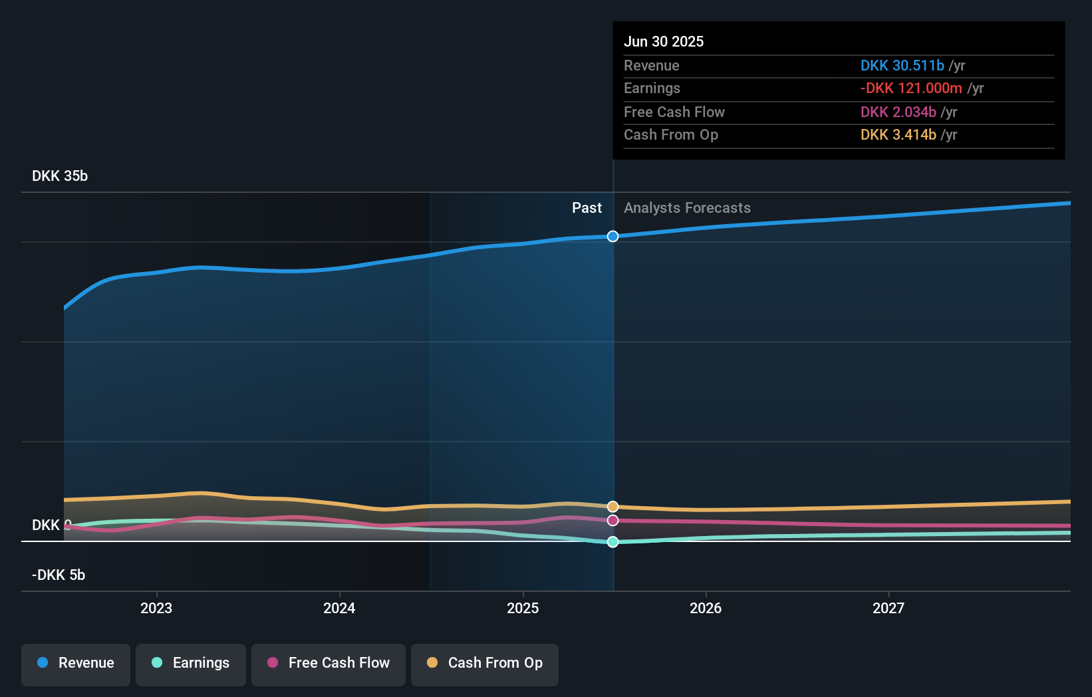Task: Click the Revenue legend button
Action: click(x=76, y=663)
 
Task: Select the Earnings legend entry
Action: click(x=191, y=663)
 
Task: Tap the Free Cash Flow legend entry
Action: click(x=329, y=663)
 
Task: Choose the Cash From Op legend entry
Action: click(x=485, y=663)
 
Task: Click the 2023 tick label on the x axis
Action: click(x=156, y=608)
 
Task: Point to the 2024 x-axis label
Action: click(x=339, y=608)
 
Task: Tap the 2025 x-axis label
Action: click(x=523, y=608)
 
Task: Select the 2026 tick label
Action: click(x=706, y=608)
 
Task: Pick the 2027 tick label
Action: click(x=888, y=608)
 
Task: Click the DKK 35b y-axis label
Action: click(x=60, y=176)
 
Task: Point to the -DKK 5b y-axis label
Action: click(x=59, y=575)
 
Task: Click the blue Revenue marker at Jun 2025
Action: click(x=613, y=236)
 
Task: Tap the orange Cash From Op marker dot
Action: click(x=613, y=507)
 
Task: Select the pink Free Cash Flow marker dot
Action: click(x=613, y=520)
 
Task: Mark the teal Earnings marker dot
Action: click(x=613, y=542)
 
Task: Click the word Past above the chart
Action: click(x=587, y=208)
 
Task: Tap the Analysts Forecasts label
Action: click(x=687, y=208)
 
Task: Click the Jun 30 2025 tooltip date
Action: click(x=664, y=41)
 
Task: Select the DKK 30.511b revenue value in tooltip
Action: click(x=902, y=65)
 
